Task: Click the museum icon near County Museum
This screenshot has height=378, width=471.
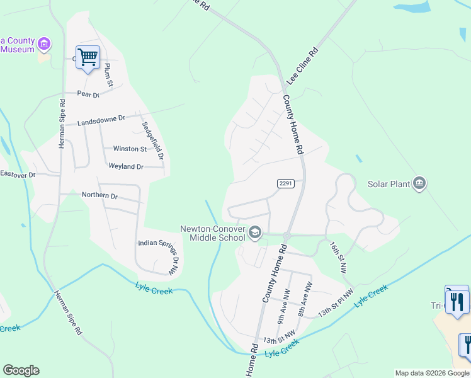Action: point(43,44)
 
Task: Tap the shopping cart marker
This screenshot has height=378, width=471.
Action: point(88,58)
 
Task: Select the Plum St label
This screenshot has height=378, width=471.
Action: point(108,74)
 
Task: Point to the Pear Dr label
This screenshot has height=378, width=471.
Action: point(88,94)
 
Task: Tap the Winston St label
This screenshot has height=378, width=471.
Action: point(130,149)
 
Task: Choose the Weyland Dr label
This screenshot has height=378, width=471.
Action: point(126,167)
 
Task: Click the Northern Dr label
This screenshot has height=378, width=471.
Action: point(99,195)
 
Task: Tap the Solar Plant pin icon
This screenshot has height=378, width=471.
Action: point(419,184)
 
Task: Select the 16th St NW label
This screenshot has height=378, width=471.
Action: point(338,256)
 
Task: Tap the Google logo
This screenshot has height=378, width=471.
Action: point(21,370)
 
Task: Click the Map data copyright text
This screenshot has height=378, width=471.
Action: point(432,373)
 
